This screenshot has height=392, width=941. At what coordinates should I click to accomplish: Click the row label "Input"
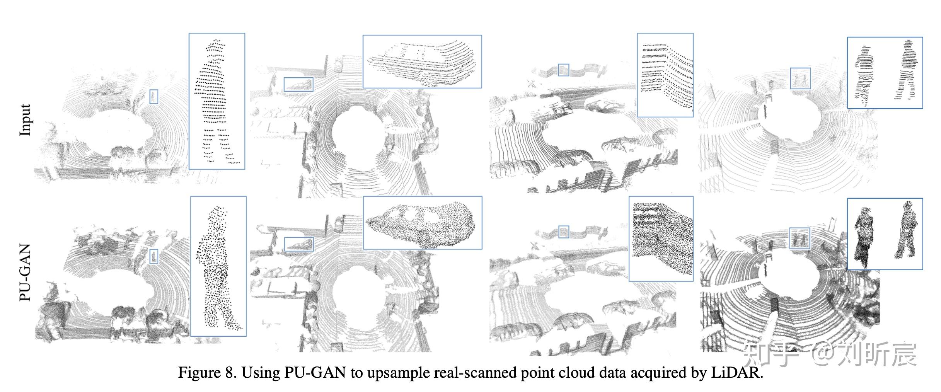pyautogui.click(x=25, y=120)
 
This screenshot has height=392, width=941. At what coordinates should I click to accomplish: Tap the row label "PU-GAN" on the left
pyautogui.click(x=25, y=272)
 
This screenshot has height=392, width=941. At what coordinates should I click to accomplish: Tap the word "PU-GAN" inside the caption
pyautogui.click(x=315, y=373)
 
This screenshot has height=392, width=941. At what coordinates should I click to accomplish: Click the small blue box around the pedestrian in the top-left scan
pyautogui.click(x=154, y=96)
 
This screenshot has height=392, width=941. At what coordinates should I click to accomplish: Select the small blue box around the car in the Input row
pyautogui.click(x=298, y=84)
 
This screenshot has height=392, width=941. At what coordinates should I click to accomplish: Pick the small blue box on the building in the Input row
pyautogui.click(x=563, y=70)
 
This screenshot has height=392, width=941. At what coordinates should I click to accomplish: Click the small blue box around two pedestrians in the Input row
pyautogui.click(x=800, y=78)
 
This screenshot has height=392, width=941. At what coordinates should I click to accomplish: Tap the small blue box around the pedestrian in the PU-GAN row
pyautogui.click(x=154, y=256)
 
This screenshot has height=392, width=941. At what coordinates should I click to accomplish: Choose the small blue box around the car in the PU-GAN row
pyautogui.click(x=298, y=244)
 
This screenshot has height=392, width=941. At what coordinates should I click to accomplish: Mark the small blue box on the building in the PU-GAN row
pyautogui.click(x=564, y=232)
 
